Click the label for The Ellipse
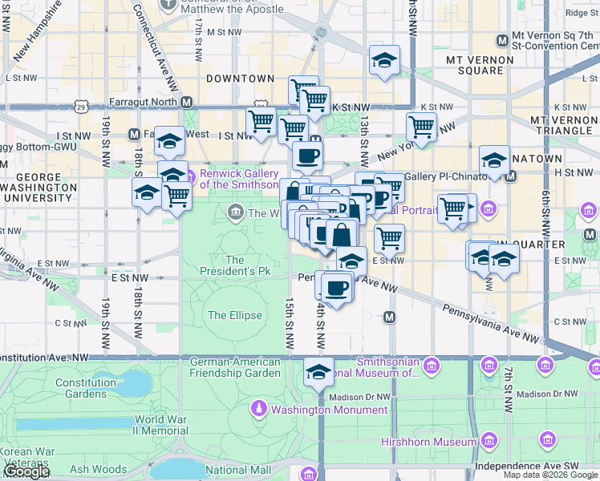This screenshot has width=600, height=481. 235,315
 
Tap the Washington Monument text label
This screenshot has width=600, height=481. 329,410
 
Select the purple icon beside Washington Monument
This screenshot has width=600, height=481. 259,410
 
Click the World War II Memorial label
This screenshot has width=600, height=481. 161,425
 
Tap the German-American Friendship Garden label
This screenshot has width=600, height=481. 236,367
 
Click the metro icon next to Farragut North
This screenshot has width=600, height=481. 186,102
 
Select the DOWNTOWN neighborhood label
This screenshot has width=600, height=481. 240,79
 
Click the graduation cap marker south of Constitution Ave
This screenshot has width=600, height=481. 319,372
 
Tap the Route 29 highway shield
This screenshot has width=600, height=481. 81,106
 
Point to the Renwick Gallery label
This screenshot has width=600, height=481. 238,178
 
